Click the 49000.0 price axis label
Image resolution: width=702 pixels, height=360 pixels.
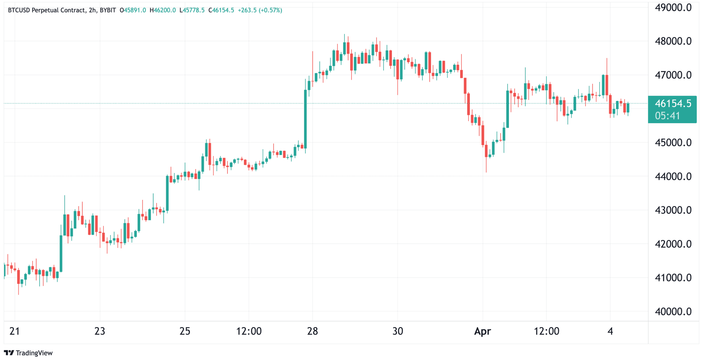click(673, 8)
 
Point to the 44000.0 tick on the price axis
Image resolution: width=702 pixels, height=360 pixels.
click(673, 176)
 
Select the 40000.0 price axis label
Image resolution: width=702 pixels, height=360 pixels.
click(673, 311)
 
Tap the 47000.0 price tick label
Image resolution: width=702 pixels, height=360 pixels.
click(673, 75)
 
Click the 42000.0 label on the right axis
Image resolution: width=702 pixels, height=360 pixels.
click(673, 244)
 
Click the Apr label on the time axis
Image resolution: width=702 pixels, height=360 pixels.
click(482, 331)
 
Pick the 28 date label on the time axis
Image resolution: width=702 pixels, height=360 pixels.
click(312, 331)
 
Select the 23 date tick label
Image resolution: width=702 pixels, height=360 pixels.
click(100, 331)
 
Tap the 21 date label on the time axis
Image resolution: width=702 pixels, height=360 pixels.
click(15, 331)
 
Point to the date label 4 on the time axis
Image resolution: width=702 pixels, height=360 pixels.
click(610, 331)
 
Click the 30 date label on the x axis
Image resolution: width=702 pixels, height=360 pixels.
click(398, 331)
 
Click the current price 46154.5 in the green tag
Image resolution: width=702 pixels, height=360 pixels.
click(673, 104)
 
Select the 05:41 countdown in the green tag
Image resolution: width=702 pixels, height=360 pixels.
click(668, 116)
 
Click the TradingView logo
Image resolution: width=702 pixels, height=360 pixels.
click(29, 353)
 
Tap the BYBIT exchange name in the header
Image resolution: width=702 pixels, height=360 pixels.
click(108, 10)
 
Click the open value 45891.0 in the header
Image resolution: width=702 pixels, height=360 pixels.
click(135, 10)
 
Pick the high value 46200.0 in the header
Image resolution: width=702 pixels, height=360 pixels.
click(165, 10)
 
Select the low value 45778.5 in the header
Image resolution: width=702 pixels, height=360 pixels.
click(193, 10)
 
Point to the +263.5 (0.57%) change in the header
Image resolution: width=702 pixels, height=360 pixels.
click(260, 10)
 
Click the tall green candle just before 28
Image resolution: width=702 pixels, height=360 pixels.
click(305, 119)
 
